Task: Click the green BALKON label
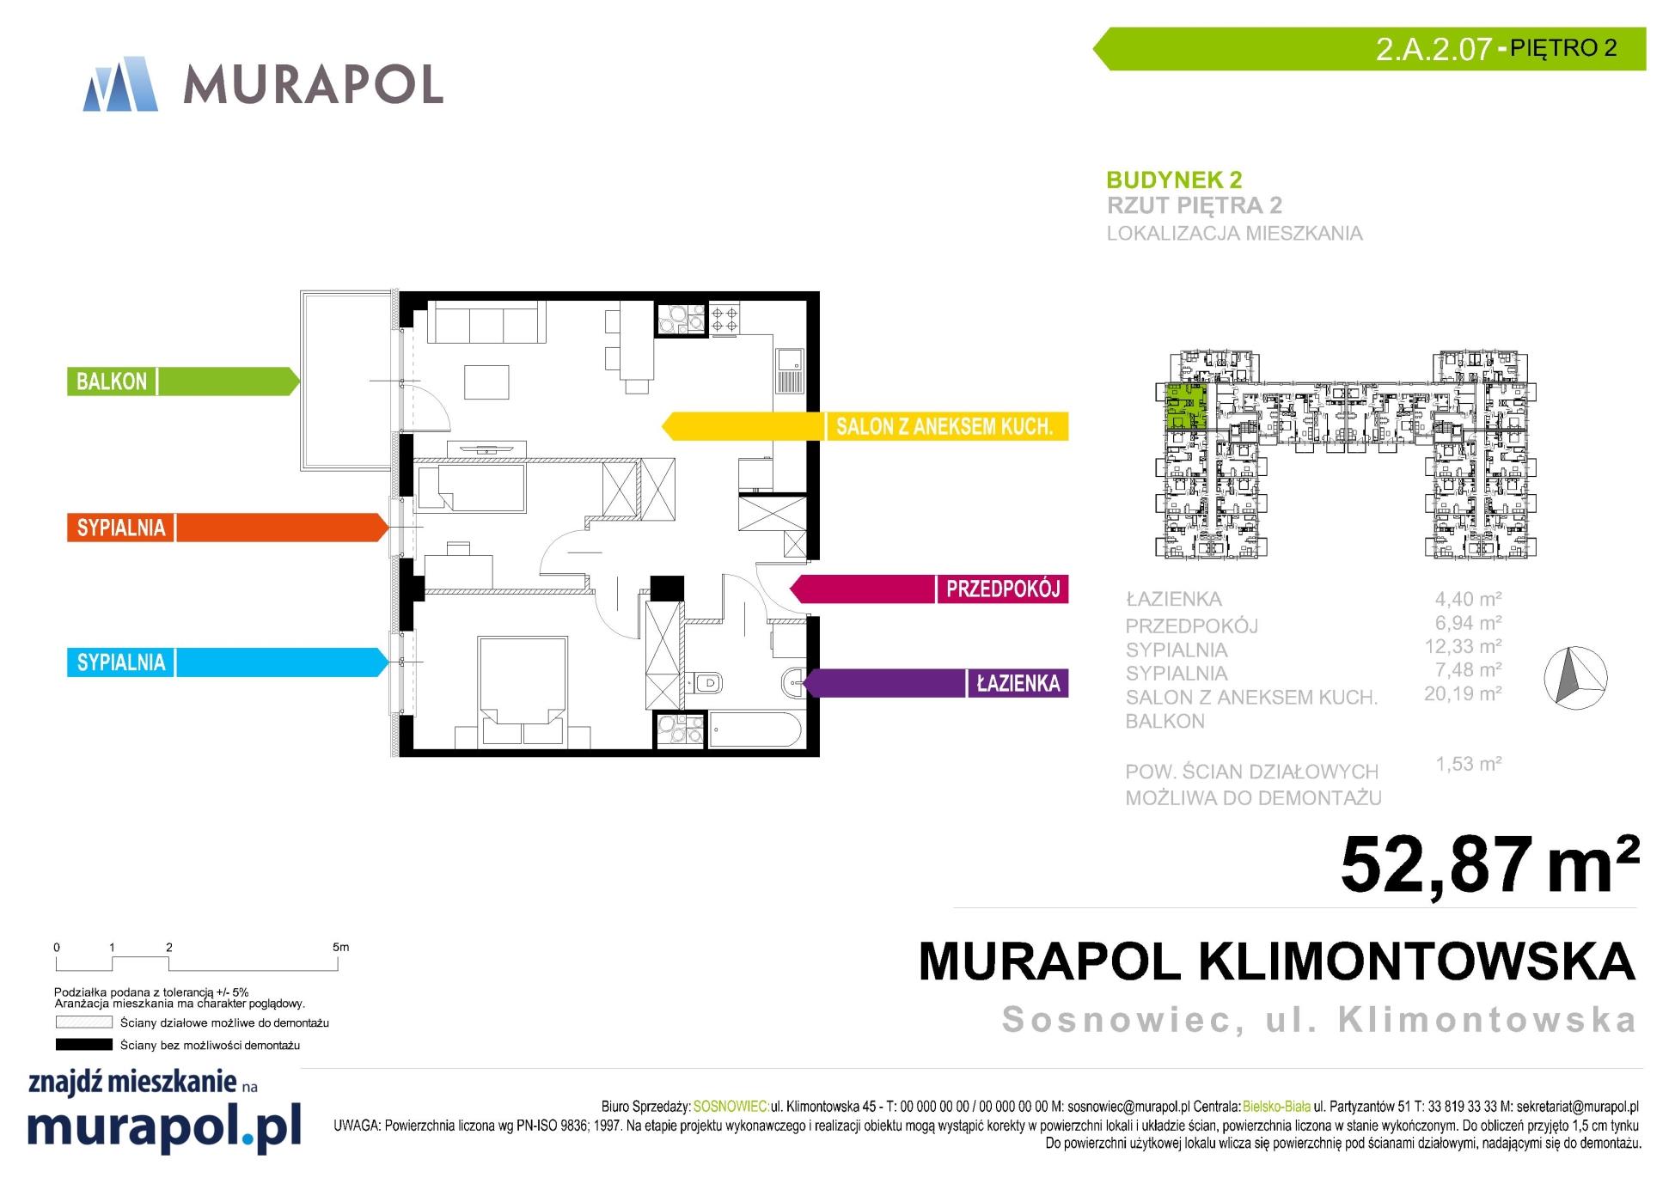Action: coord(112,381)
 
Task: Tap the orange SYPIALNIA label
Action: coord(121,528)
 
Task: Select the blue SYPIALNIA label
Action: coord(121,662)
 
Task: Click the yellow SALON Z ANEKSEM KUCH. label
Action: coord(944,426)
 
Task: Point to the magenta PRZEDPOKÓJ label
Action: coord(1003,589)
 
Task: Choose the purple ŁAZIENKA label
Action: coord(1018,683)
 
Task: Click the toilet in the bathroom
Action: coord(704,683)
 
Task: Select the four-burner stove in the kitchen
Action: coord(724,320)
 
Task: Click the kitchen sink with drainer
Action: coord(789,370)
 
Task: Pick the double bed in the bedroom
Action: coord(523,690)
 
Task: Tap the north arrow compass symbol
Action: coord(1575,677)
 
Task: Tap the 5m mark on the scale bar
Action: coord(340,948)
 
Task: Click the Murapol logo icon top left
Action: coord(121,84)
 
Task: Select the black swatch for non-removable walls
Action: coord(84,1045)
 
